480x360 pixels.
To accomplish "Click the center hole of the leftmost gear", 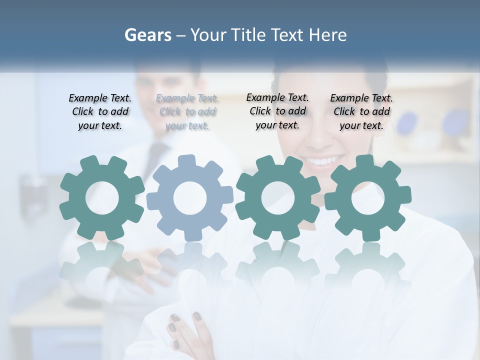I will click(102, 198).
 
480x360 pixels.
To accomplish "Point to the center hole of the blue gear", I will click(190, 198).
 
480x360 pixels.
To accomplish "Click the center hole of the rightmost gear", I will click(368, 198).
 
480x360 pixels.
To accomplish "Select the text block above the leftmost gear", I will click(100, 112).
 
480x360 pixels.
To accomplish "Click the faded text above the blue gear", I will click(187, 112).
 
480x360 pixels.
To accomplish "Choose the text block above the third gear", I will click(277, 111).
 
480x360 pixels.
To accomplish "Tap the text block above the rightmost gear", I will click(361, 112).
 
